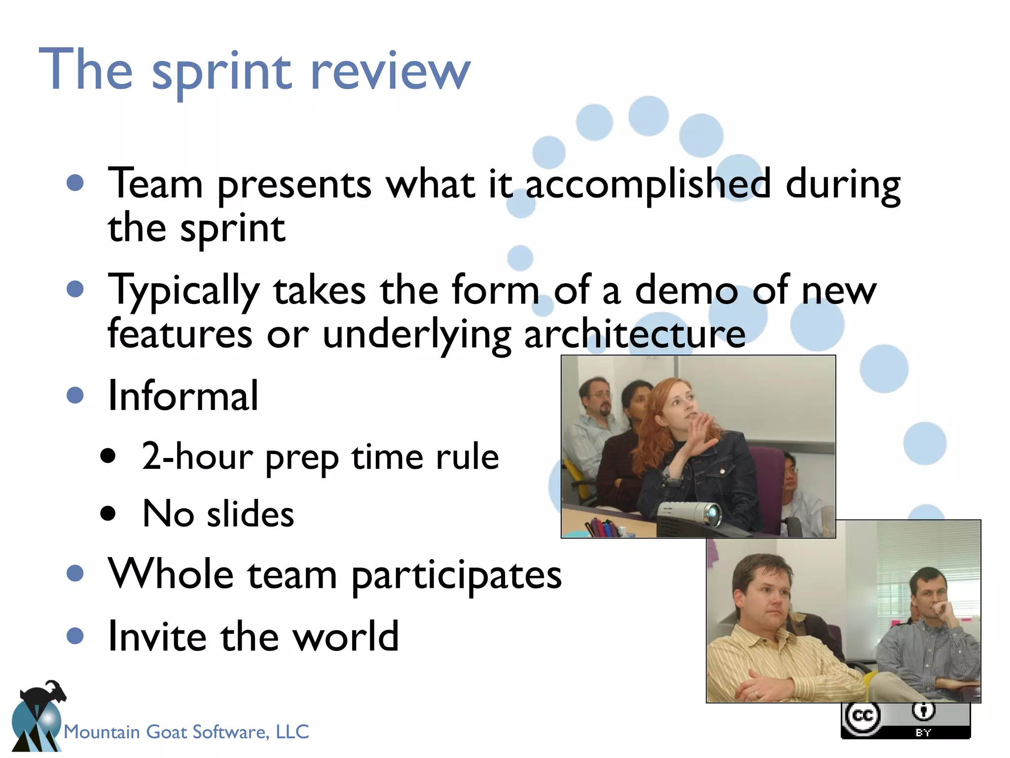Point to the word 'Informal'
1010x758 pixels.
click(x=183, y=396)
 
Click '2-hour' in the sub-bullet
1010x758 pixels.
click(x=197, y=457)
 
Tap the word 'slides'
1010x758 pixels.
click(x=250, y=514)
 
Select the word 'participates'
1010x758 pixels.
click(x=457, y=575)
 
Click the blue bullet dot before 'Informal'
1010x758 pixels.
click(x=75, y=395)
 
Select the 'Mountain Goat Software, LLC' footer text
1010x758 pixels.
click(x=186, y=731)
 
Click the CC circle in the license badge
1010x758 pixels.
click(x=863, y=716)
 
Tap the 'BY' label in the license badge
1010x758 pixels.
click(x=923, y=732)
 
